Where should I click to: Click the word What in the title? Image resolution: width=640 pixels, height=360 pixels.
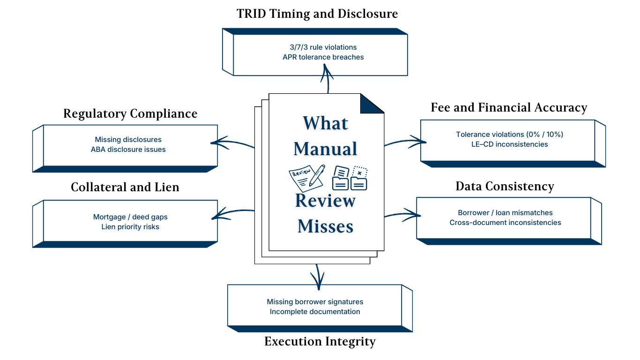[325, 123]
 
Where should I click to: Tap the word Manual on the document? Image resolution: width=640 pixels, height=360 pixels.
[325, 149]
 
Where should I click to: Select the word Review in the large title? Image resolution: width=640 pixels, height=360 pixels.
[325, 201]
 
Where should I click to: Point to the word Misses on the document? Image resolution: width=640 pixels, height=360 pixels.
[325, 226]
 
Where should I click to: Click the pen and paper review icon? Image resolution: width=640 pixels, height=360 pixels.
[307, 178]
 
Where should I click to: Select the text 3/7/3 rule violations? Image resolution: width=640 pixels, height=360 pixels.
[323, 47]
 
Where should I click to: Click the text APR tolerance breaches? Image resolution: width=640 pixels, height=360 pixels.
[323, 57]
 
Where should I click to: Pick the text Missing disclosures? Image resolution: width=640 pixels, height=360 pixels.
[128, 140]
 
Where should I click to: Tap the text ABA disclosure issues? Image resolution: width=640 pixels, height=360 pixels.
[128, 150]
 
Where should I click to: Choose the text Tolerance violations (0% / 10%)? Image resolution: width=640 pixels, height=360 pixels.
[509, 135]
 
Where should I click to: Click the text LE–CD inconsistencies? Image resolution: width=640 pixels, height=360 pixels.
[509, 144]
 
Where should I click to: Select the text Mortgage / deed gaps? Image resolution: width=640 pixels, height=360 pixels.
[130, 217]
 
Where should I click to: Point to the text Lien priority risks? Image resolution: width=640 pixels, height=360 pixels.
[130, 227]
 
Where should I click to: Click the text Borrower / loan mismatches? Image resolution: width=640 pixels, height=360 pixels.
[505, 213]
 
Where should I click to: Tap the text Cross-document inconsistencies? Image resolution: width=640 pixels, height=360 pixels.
[505, 223]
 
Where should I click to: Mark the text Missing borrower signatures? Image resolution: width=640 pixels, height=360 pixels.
[315, 302]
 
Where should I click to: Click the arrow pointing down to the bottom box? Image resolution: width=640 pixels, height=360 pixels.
[318, 277]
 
